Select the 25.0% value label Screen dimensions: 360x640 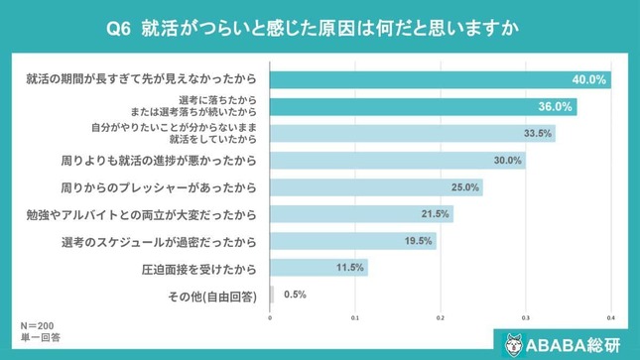tap(464, 186)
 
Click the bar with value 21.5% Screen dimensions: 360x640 tap(361, 213)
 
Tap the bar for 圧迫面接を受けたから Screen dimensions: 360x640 tap(319, 267)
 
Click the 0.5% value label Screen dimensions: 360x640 tap(295, 294)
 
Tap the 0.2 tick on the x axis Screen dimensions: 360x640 tap(441, 317)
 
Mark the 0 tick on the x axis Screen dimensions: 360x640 tap(271, 317)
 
